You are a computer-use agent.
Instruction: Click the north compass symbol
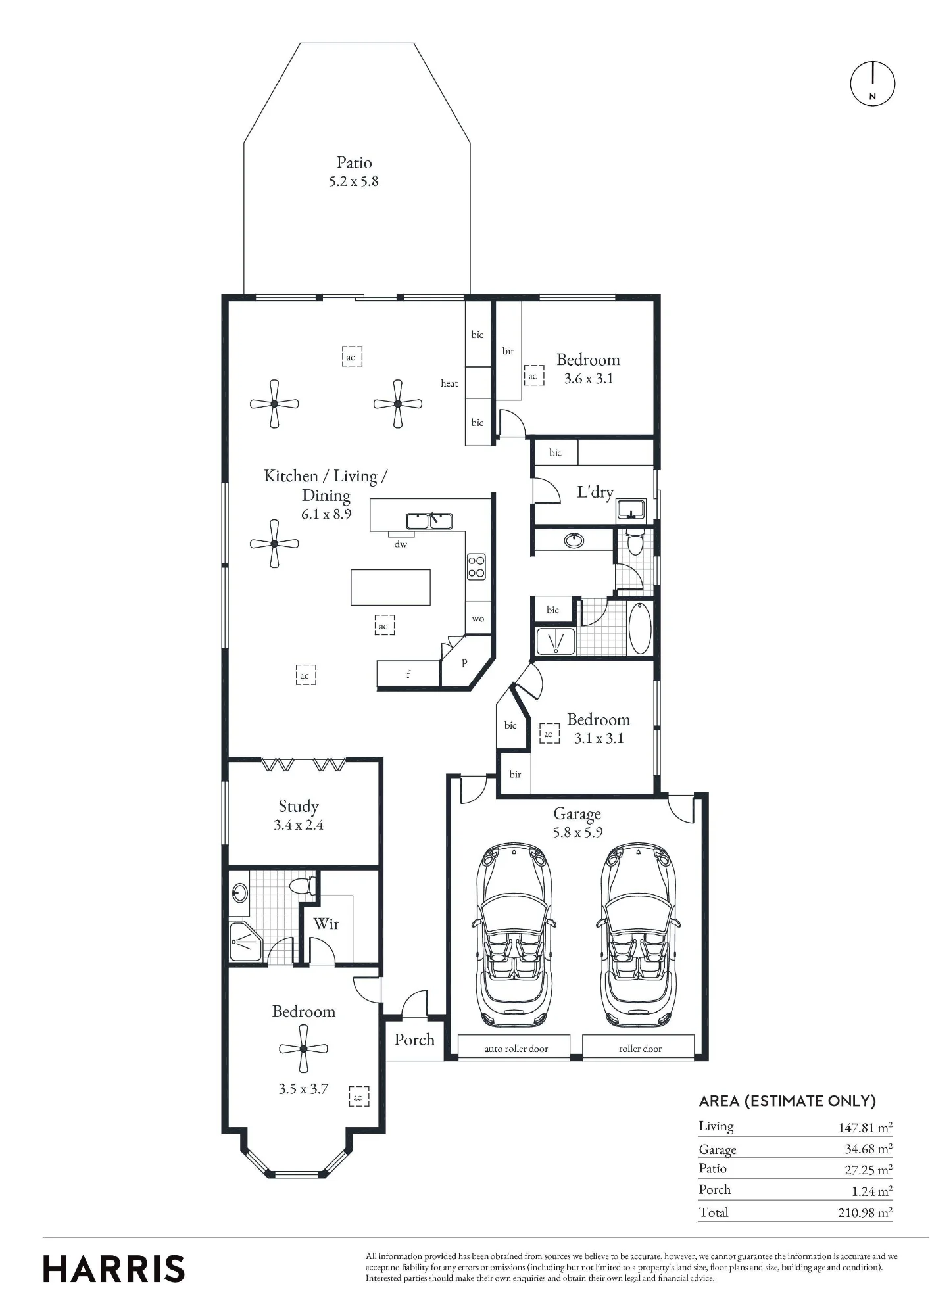click(873, 84)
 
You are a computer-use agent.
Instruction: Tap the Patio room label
click(354, 162)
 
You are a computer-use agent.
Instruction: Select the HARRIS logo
click(114, 1269)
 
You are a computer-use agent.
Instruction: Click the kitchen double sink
click(429, 521)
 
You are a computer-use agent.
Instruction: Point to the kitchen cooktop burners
click(476, 567)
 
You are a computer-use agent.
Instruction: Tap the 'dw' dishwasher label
click(401, 544)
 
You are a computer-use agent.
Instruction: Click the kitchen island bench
click(391, 587)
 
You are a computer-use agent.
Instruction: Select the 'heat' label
click(449, 383)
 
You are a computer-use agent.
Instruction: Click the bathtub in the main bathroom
click(640, 628)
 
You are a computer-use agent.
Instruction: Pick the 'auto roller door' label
click(516, 1049)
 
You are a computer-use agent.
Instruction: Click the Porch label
click(414, 1040)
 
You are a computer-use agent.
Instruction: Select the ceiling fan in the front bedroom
click(303, 1049)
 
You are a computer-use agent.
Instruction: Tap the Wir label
click(326, 924)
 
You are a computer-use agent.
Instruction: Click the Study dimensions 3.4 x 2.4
click(299, 825)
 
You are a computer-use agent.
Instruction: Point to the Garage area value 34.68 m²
click(868, 1149)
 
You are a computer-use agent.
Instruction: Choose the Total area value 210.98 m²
click(865, 1212)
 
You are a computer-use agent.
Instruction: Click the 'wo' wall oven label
click(478, 619)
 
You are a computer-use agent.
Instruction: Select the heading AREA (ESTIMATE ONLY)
click(787, 1101)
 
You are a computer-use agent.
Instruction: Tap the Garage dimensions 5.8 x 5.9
click(578, 832)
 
